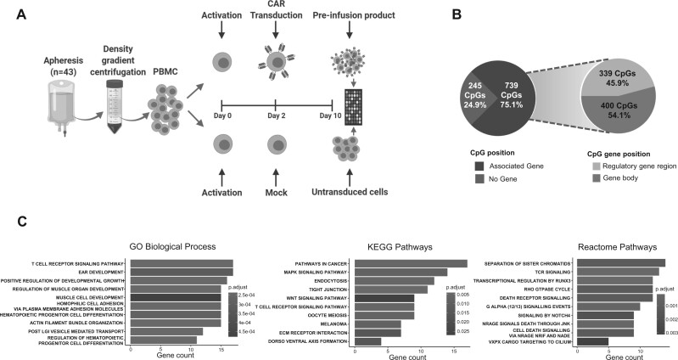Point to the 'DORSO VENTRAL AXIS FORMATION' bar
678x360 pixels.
tap(368, 341)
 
